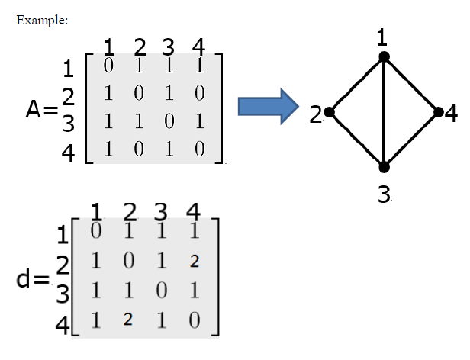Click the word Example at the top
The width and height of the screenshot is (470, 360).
[42, 19]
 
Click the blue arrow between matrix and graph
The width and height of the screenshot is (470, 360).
[266, 107]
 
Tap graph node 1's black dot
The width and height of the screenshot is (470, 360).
[385, 56]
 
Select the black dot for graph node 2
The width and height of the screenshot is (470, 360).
[329, 112]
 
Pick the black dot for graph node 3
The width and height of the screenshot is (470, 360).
[385, 166]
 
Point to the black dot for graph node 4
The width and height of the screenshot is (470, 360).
[439, 112]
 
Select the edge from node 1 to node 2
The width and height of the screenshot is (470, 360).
[357, 84]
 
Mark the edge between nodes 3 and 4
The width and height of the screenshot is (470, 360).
[412, 139]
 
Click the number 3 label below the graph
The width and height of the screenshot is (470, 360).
[385, 194]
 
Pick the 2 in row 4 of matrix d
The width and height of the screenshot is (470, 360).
[128, 320]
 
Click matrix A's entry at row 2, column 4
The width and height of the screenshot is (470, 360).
[200, 95]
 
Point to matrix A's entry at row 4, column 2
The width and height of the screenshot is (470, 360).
[139, 148]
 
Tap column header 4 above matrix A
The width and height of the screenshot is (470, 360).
[200, 46]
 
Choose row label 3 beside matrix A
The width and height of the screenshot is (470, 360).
[68, 124]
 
